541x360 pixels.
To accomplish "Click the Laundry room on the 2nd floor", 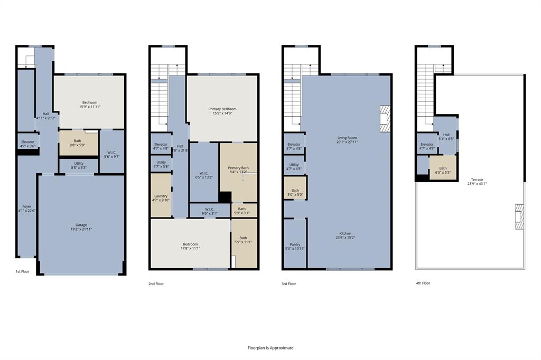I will coord(161,197).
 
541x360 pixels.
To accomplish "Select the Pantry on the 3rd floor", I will coord(295,246).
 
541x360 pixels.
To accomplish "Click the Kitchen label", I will coord(345,235).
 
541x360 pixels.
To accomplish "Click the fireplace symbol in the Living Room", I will coord(385,119).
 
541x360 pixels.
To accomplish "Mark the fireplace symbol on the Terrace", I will coord(519,216).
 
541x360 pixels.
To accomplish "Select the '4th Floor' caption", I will coord(423,283).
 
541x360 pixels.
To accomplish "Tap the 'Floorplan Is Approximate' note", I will coord(270,348).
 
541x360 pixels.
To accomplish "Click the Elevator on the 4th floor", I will coord(427,146).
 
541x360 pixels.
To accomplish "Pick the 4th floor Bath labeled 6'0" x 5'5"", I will coord(443,170).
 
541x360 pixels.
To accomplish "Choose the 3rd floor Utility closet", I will coord(294,166).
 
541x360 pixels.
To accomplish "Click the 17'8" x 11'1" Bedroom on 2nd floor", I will coord(190,246).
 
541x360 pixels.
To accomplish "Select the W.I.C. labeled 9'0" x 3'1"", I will coord(210,211).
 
